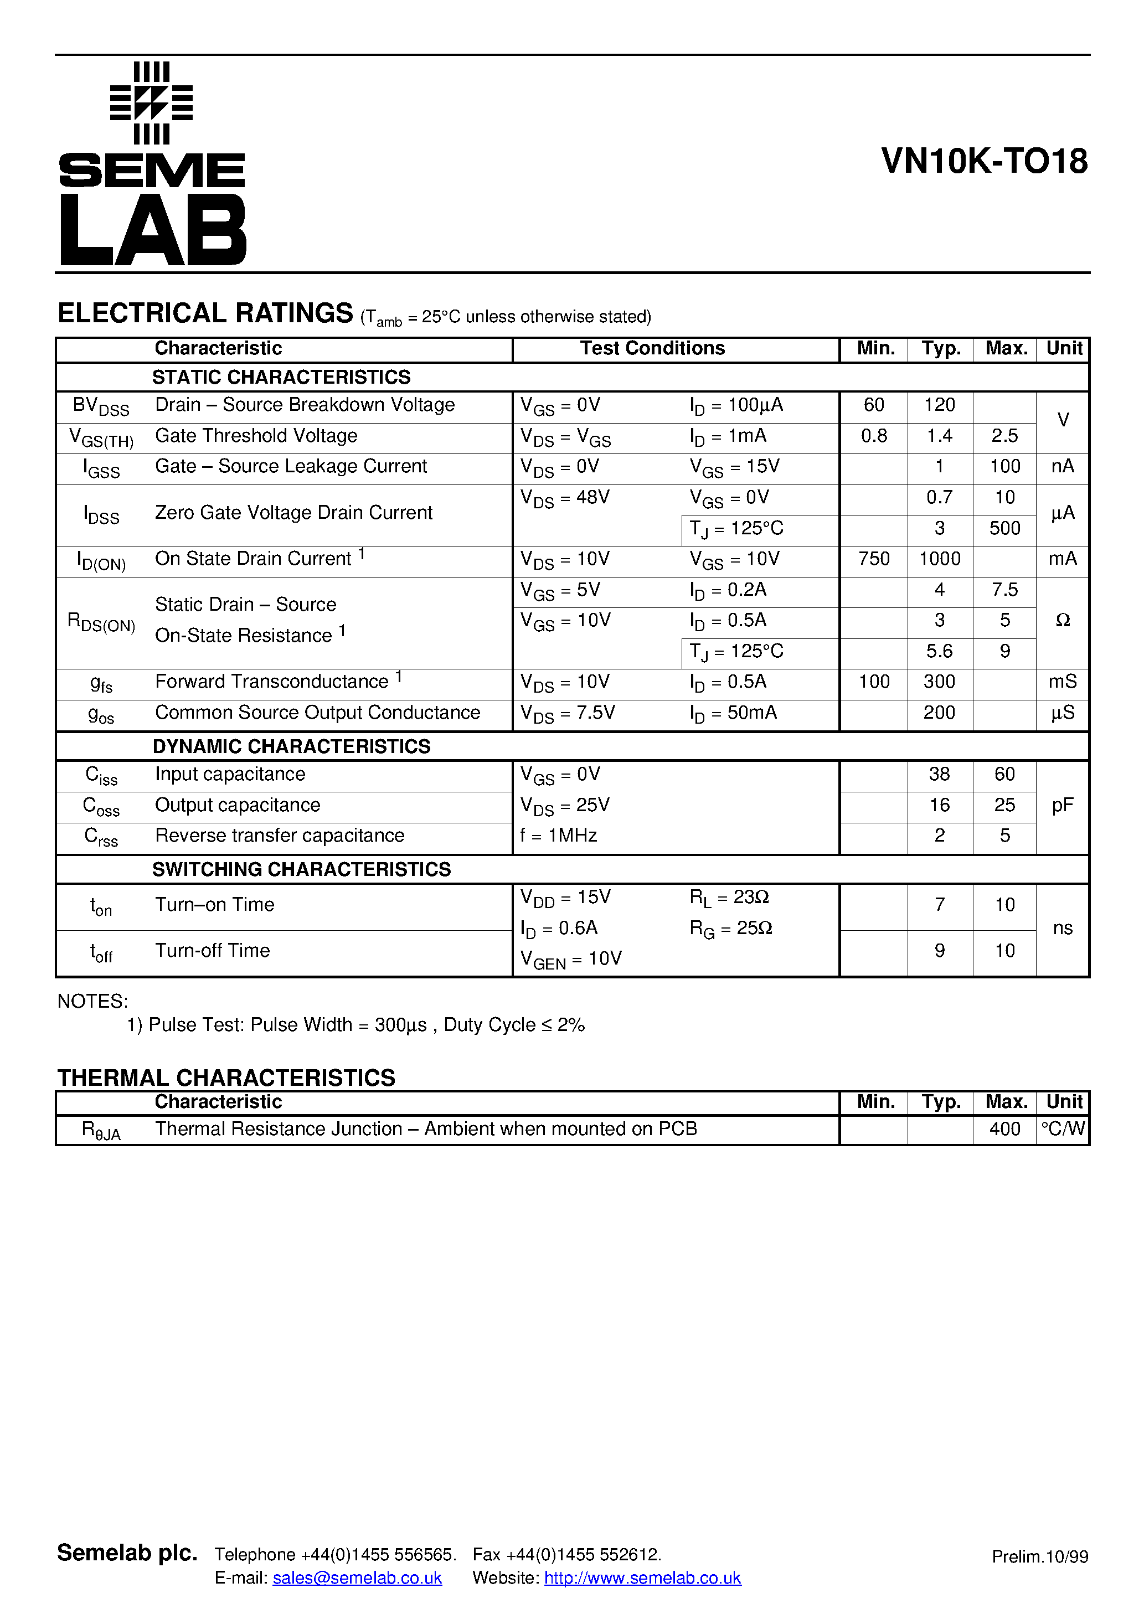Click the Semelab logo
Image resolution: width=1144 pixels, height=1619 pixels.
152,163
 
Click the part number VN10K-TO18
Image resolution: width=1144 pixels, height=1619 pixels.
984,162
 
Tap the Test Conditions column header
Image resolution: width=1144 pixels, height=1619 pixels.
652,348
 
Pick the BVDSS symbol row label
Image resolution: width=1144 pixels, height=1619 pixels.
101,407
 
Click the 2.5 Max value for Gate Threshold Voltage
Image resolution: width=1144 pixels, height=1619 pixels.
1004,436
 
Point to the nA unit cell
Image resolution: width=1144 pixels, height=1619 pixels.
1062,467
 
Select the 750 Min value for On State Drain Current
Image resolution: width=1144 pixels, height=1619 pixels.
874,559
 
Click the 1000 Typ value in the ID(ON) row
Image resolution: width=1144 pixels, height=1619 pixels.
940,559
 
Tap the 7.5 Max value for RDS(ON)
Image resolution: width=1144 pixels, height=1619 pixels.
1004,590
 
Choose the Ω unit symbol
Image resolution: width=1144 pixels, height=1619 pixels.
1062,621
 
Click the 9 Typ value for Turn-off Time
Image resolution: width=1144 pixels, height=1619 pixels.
940,951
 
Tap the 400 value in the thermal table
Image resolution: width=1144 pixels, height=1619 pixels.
1004,1130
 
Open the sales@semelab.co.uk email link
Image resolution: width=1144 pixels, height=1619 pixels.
357,1578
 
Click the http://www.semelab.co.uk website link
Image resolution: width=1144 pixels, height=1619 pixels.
642,1578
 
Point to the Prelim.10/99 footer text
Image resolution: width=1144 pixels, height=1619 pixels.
1039,1557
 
